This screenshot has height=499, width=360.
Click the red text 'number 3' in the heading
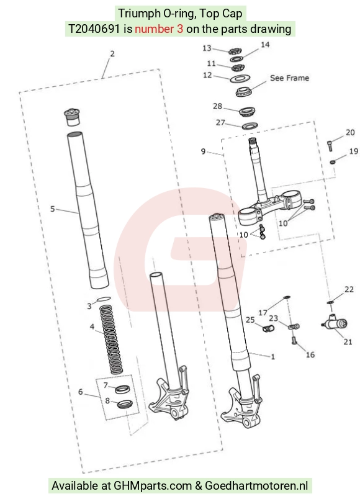[159, 29]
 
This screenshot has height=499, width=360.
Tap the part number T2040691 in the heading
[94, 29]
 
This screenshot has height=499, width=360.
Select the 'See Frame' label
[289, 78]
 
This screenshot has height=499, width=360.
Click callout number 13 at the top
[207, 48]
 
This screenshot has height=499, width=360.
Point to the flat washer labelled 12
[239, 78]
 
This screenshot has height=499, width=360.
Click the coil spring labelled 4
[109, 340]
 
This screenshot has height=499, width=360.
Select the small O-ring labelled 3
[104, 299]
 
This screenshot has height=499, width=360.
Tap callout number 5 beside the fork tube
[53, 209]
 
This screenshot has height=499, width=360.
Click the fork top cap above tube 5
[72, 117]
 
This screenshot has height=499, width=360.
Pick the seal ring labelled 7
[122, 389]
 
